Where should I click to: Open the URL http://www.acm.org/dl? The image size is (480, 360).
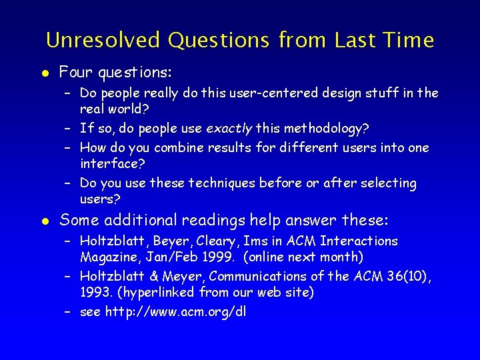(x=175, y=311)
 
